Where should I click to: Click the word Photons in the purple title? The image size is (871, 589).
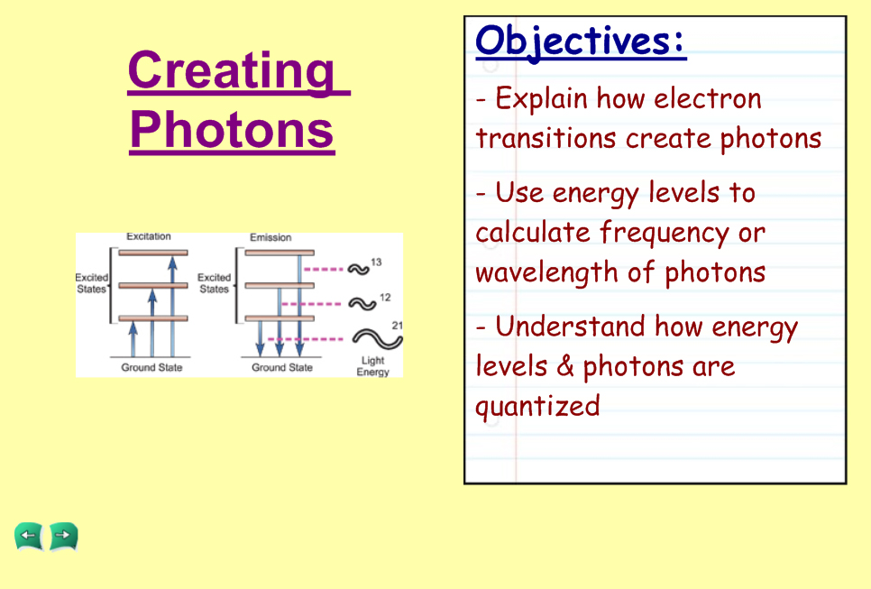click(x=232, y=130)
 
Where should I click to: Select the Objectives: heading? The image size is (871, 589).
click(x=580, y=42)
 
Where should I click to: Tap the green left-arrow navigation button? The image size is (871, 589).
click(x=29, y=537)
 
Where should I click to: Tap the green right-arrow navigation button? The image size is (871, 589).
click(x=63, y=537)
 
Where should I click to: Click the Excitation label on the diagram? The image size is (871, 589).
click(x=148, y=236)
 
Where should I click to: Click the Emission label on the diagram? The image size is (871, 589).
click(x=270, y=238)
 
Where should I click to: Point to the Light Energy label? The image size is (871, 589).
click(x=372, y=366)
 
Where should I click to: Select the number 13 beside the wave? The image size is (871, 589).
click(x=376, y=262)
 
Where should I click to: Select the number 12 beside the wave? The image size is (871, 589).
click(x=385, y=298)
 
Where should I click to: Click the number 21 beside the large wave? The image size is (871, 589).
click(x=397, y=326)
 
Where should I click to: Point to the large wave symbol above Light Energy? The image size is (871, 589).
click(x=378, y=339)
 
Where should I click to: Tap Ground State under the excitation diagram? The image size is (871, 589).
click(x=151, y=367)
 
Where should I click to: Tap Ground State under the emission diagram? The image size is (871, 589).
click(x=282, y=367)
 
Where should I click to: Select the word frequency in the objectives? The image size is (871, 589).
click(x=665, y=234)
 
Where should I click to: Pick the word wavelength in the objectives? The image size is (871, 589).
click(x=546, y=273)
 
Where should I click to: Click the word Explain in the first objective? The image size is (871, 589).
click(x=542, y=99)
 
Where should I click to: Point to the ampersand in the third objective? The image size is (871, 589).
click(x=565, y=366)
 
